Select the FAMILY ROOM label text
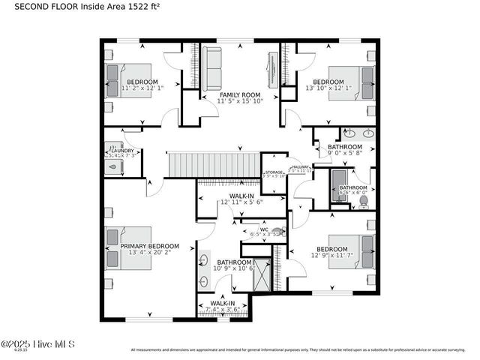(x=240, y=95)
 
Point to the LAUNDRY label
(x=121, y=150)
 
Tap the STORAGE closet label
(x=274, y=172)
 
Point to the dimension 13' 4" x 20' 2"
(x=150, y=253)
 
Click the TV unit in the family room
(x=272, y=70)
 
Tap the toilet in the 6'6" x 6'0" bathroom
(x=363, y=201)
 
